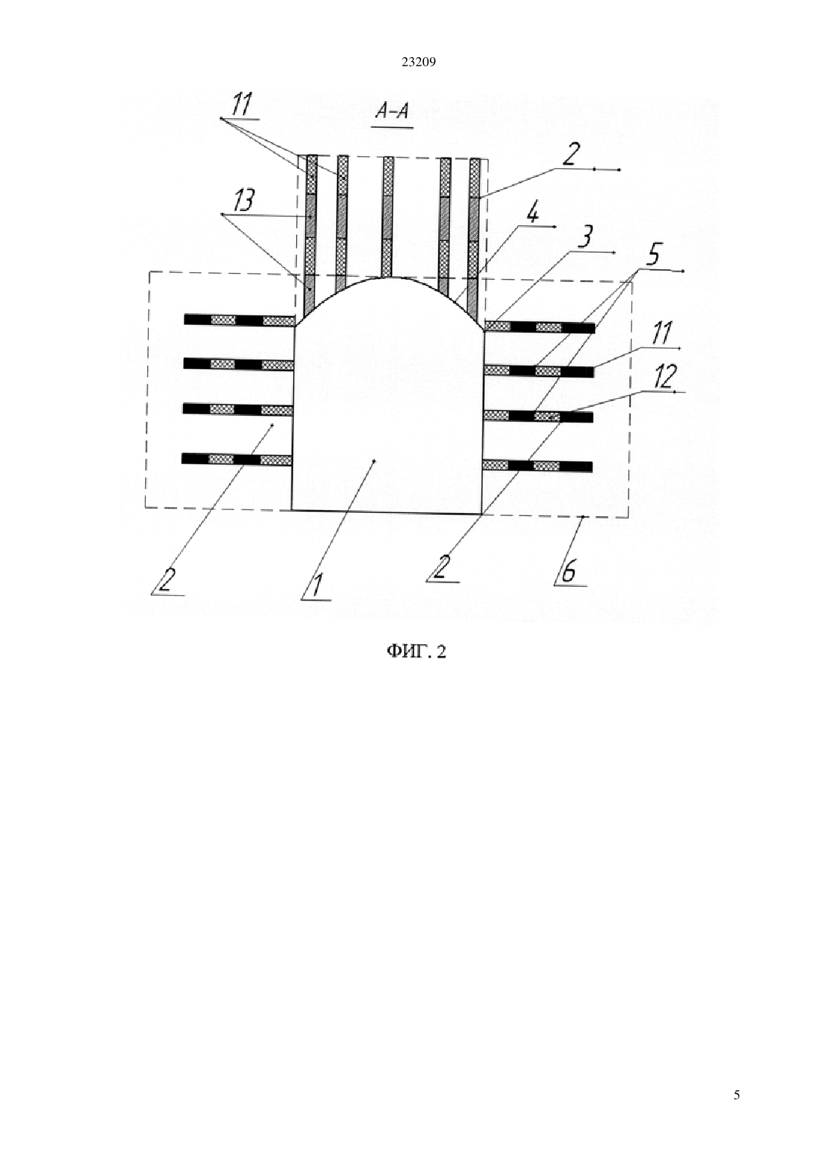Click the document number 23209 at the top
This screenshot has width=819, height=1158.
pos(418,62)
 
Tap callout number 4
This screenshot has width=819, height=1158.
pos(533,213)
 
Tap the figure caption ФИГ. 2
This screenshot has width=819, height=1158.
pos(417,652)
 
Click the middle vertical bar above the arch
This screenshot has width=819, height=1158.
pos(388,217)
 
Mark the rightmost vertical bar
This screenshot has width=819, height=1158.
pos(475,239)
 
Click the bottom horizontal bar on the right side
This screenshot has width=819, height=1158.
pos(537,466)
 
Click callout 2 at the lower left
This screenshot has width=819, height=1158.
pos(165,580)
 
